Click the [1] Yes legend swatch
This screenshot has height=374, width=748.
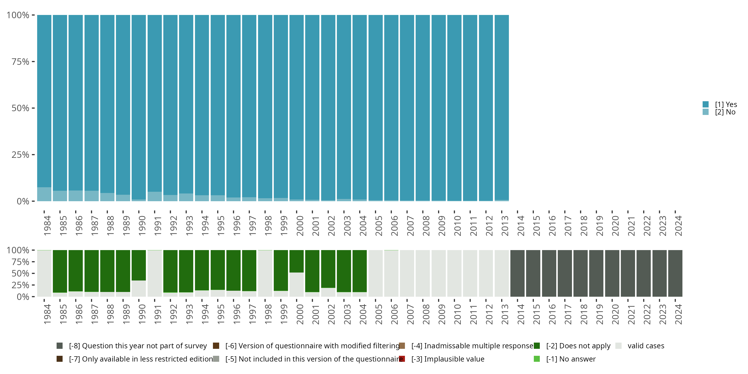[705, 104]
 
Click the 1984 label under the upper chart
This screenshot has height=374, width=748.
[47, 226]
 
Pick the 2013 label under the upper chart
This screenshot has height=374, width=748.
[505, 226]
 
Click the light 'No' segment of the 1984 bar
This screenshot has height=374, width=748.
[44, 194]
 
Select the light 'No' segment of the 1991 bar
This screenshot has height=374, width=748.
[155, 196]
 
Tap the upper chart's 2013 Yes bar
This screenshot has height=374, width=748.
[501, 107]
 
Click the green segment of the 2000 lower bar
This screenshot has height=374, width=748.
[296, 261]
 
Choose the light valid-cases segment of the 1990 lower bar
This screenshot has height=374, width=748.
[139, 288]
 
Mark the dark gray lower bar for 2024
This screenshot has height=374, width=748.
[675, 273]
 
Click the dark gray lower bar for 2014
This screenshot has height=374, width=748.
[517, 273]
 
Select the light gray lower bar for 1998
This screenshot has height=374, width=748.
[265, 273]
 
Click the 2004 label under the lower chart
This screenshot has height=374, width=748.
[363, 314]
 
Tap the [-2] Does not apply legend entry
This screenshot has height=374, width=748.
[578, 346]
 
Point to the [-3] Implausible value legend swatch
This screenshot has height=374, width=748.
[402, 359]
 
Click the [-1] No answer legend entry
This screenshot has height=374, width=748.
[570, 359]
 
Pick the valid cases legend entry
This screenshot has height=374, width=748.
[646, 346]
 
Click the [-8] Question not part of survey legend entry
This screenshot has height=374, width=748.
[138, 346]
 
